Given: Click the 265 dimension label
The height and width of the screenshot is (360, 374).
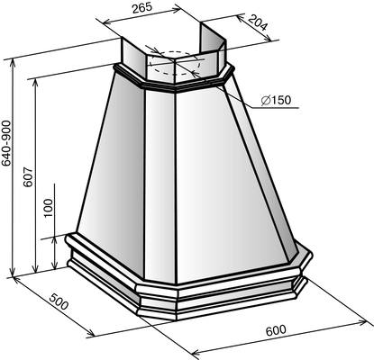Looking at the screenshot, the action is coord(142,7).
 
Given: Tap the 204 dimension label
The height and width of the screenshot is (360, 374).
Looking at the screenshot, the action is coord(258,22).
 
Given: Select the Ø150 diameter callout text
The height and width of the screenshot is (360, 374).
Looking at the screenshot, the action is coord(276,100).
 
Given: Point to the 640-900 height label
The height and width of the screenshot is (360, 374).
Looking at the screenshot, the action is coord(6,143).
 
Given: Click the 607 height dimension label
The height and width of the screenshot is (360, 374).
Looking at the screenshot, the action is coord(29,177).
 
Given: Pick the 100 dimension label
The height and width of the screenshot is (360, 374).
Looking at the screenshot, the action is coord(48,208).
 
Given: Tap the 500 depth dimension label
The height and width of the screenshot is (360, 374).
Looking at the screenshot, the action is coord(59,301).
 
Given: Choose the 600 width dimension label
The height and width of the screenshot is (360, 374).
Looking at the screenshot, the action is coord(276,330).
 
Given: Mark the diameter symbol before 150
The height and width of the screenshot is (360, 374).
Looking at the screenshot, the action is coord(265,101).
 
